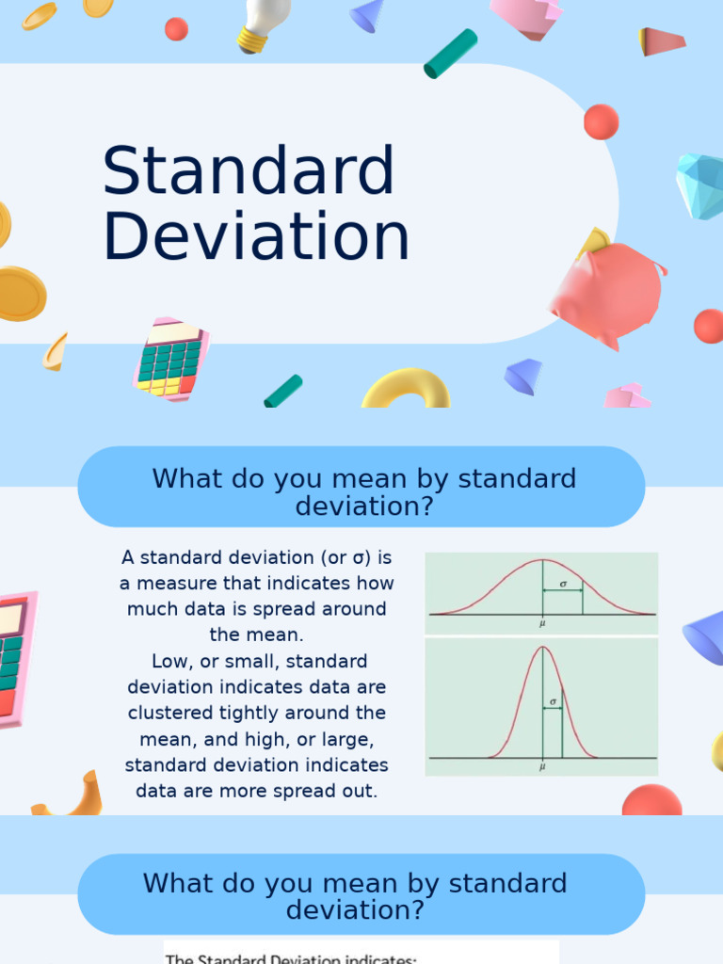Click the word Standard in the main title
pyautogui.click(x=249, y=172)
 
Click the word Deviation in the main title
pyautogui.click(x=256, y=236)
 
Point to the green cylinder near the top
pyautogui.click(x=450, y=54)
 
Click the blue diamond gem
pyautogui.click(x=700, y=185)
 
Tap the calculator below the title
pyautogui.click(x=170, y=359)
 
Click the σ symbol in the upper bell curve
pyautogui.click(x=563, y=584)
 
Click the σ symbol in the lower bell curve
pyautogui.click(x=553, y=701)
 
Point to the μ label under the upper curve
pyautogui.click(x=542, y=623)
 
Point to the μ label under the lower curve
pyautogui.click(x=542, y=767)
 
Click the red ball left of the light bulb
pyautogui.click(x=176, y=29)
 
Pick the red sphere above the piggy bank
pyautogui.click(x=601, y=121)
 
